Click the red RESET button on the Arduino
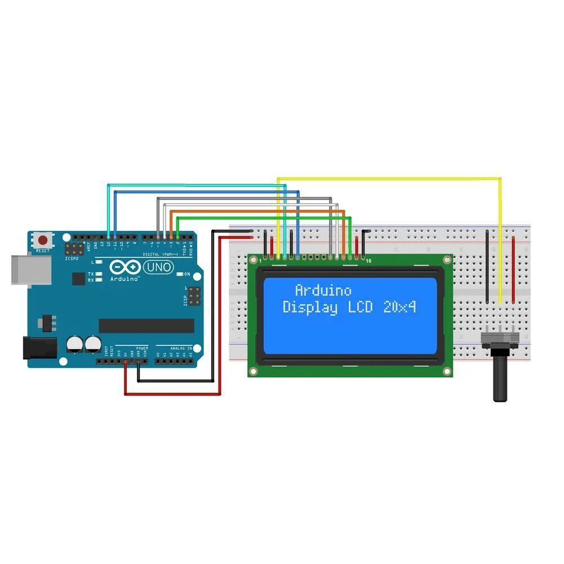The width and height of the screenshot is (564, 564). tap(43, 239)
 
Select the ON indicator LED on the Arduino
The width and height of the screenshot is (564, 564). tap(179, 274)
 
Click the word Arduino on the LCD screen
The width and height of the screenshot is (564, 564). tap(323, 291)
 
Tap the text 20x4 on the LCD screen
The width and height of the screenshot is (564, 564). tap(399, 308)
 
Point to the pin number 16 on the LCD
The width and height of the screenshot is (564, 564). tap(368, 261)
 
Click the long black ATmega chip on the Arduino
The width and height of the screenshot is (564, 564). tap(146, 326)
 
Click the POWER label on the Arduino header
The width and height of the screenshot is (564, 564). tap(141, 348)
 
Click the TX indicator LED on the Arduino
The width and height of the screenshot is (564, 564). tap(99, 274)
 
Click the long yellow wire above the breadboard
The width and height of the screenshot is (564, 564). tap(389, 179)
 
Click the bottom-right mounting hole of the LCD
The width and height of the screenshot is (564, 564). tap(447, 371)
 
